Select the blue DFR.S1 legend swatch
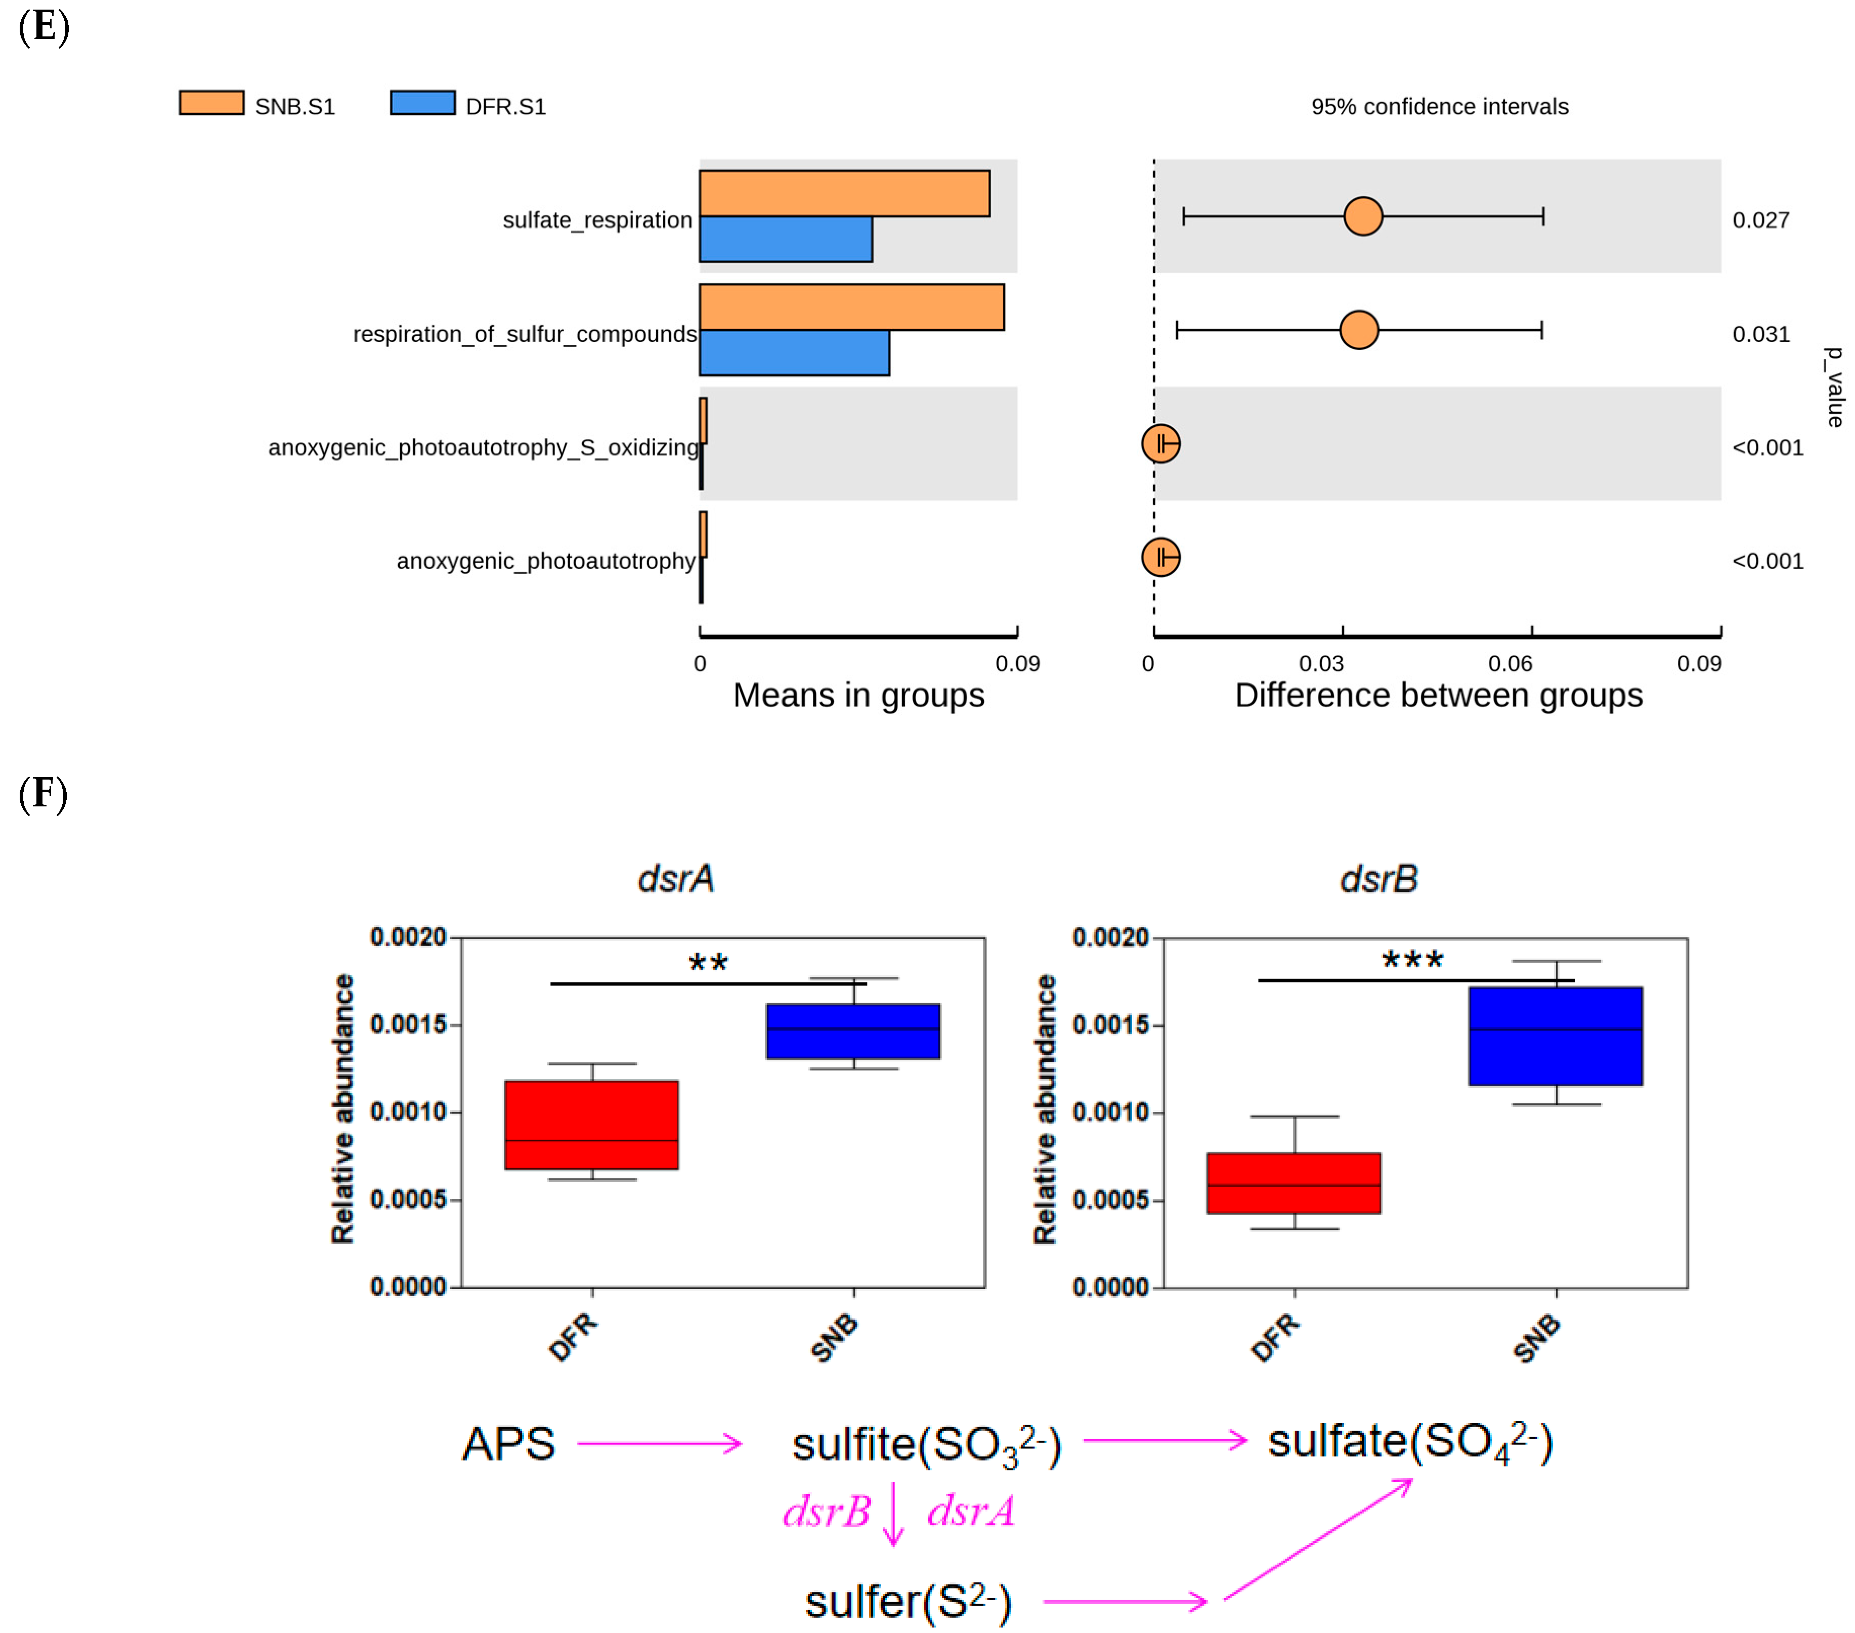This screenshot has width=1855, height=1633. (x=422, y=103)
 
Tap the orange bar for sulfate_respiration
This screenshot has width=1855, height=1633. (x=844, y=193)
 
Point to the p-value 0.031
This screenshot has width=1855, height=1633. (x=1760, y=334)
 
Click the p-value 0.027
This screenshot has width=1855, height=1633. (x=1760, y=220)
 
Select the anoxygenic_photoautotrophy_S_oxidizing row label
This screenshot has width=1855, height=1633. (x=483, y=448)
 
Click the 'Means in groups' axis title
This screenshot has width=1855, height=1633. (x=857, y=695)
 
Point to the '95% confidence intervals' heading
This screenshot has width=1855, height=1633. (x=1439, y=106)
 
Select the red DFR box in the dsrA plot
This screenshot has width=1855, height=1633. (x=592, y=1125)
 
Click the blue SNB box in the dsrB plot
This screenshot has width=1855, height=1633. (x=1556, y=1036)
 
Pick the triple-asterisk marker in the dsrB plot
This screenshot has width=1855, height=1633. (x=1412, y=960)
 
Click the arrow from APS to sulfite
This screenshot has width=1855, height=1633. (x=660, y=1443)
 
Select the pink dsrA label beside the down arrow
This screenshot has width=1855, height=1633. (x=970, y=1512)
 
